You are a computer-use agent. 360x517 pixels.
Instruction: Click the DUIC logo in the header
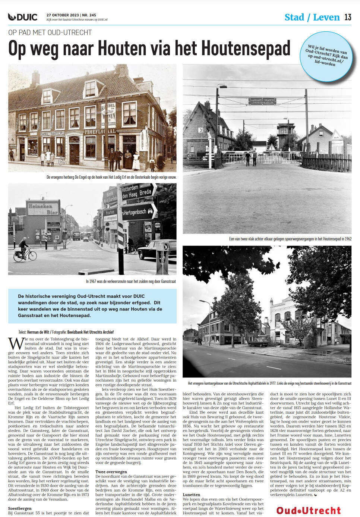click(23, 17)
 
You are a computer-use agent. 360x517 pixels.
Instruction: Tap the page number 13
click(348, 17)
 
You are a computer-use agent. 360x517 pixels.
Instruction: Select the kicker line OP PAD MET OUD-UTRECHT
click(50, 32)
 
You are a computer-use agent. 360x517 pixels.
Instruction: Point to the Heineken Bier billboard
click(43, 209)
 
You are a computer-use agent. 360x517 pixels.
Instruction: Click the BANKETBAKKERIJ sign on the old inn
click(52, 133)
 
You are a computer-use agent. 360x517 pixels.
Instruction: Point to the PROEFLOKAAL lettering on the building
click(100, 132)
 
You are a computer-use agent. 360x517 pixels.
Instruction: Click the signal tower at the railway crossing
click(286, 135)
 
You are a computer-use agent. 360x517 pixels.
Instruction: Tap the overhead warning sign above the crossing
click(262, 101)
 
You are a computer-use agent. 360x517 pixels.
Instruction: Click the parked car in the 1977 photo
click(258, 342)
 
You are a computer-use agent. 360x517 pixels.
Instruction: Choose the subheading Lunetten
click(192, 495)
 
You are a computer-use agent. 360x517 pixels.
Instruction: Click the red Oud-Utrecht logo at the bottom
click(309, 510)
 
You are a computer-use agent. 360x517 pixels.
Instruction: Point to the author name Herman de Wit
click(38, 332)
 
